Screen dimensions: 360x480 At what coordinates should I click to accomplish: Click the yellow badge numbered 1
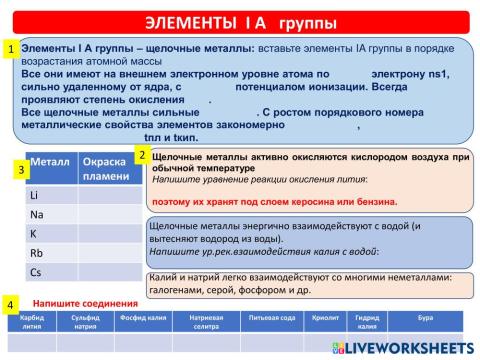10,47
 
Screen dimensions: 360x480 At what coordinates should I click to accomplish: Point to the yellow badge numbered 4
10,303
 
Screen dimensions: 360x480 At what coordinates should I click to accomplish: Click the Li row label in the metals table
35,195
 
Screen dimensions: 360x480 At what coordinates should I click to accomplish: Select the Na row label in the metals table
36,214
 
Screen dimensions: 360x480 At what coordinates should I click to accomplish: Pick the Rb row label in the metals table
36,252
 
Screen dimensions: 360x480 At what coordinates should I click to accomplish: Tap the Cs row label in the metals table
36,271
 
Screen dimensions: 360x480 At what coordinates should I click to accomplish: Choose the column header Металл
50,162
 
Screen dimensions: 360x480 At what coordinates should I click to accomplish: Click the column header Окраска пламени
105,169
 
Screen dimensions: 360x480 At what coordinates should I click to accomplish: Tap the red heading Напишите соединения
84,303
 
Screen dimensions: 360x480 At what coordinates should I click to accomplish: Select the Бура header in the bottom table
425,318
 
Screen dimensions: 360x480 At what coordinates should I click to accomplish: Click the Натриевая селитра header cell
206,322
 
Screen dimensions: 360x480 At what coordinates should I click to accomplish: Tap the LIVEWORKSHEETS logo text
405,347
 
